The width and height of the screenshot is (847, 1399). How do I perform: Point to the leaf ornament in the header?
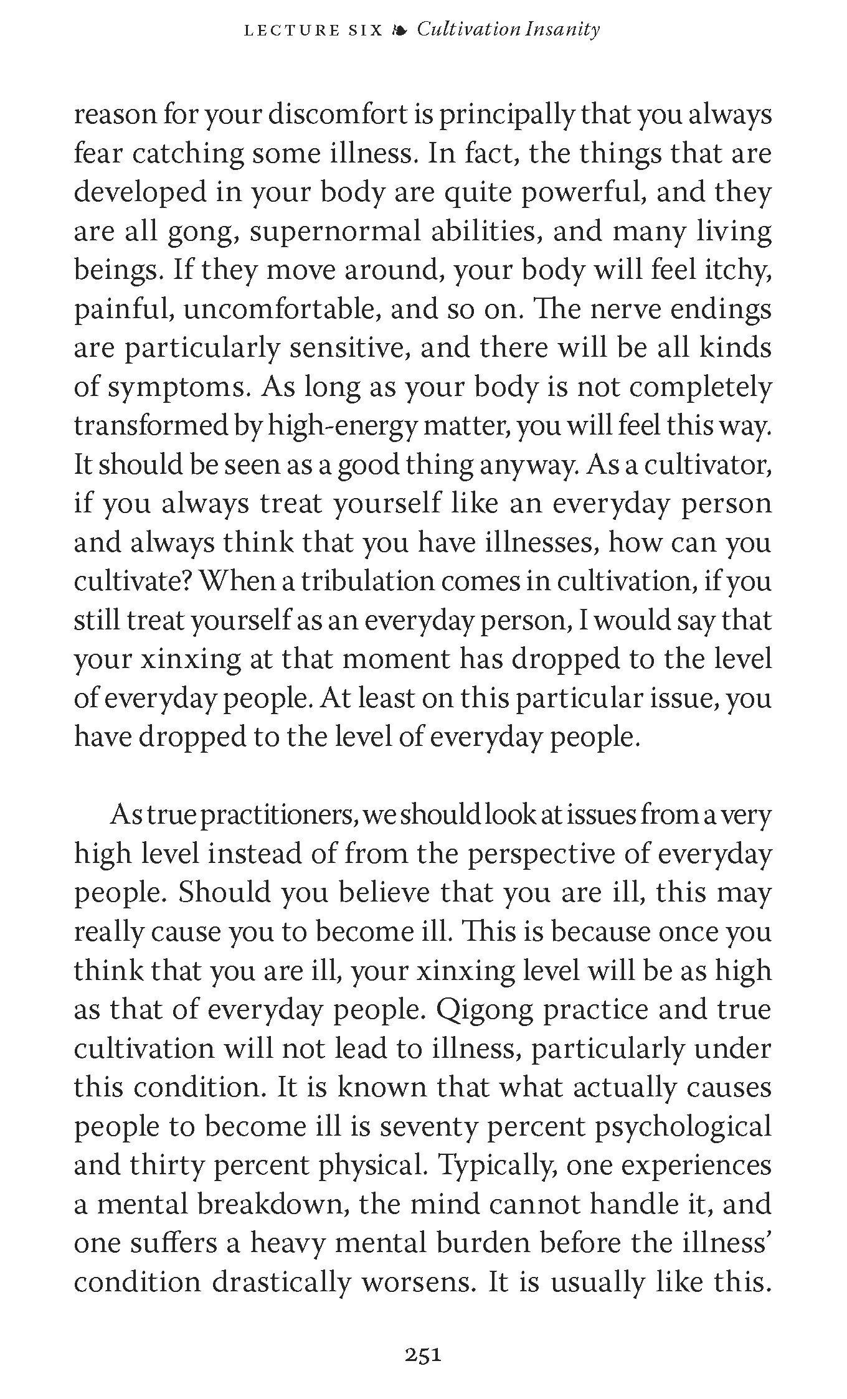[399, 30]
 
